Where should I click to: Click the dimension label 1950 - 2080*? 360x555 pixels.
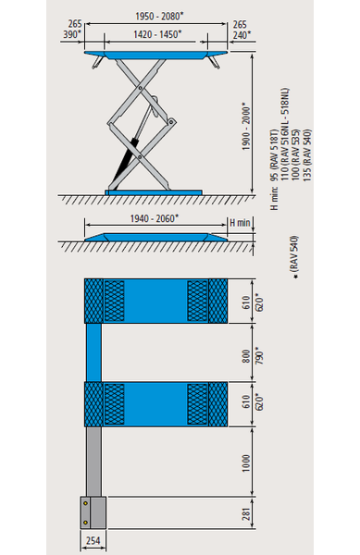pos(160,17)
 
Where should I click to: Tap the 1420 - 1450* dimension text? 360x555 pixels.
pos(157,34)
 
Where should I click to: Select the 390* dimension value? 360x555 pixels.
pos(72,35)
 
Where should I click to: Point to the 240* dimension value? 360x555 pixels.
pos(242,35)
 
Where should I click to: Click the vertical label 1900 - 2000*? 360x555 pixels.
pos(246,127)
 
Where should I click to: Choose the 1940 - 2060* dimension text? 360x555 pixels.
pos(155,218)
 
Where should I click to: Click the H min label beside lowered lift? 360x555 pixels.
pos(240,223)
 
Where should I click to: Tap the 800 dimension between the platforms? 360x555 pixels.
pos(246,356)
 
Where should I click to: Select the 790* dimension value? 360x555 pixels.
pos(259,357)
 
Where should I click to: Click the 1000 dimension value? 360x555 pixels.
pos(246,463)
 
